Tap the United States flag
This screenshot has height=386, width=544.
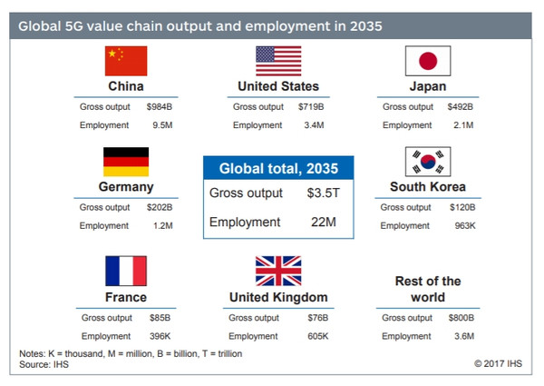tap(278, 61)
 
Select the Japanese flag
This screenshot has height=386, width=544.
tap(427, 61)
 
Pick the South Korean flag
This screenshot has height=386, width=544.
tap(427, 163)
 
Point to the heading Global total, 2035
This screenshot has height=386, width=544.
tap(277, 168)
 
